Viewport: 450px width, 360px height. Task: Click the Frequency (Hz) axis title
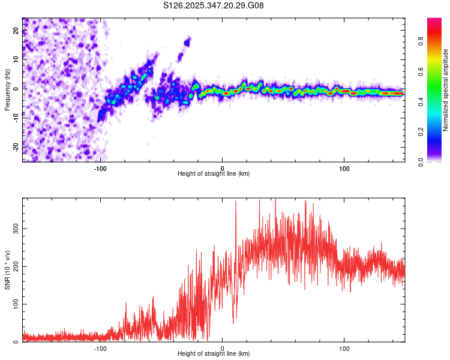(8, 89)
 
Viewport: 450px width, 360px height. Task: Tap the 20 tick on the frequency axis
(17, 31)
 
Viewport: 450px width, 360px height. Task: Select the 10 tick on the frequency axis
(17, 60)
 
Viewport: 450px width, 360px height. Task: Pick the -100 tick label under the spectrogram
(100, 167)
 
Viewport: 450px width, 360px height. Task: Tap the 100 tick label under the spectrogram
(344, 167)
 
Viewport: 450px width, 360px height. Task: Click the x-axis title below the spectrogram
(214, 173)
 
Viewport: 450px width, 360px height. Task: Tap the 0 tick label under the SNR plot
(223, 347)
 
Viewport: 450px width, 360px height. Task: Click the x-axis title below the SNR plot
(214, 353)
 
